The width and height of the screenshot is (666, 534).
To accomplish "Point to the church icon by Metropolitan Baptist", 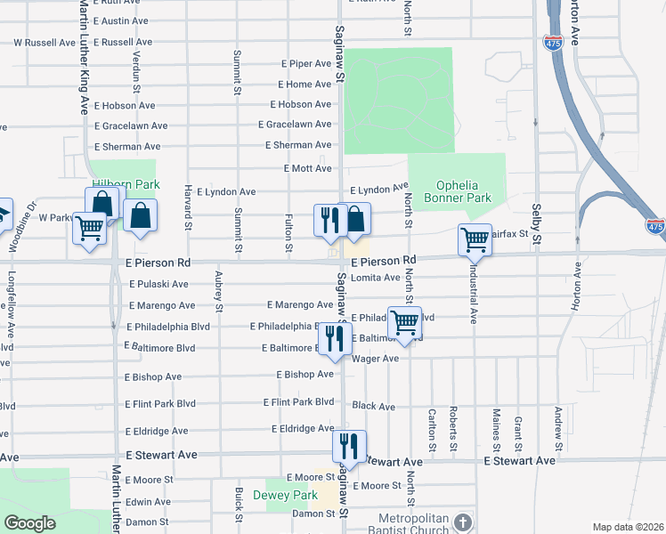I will [460, 522].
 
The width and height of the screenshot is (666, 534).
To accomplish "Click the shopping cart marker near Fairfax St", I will [475, 239].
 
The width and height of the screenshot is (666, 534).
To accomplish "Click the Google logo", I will [29, 523].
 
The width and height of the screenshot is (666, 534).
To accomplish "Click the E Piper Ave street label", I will [305, 64].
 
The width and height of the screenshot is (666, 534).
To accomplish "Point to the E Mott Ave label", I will [307, 167].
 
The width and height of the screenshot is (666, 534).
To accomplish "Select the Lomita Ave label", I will [375, 278].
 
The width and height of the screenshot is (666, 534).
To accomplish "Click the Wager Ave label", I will [375, 359].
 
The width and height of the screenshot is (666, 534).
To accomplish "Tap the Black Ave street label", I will [373, 407].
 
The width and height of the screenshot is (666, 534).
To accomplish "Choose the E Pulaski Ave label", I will [158, 285].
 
